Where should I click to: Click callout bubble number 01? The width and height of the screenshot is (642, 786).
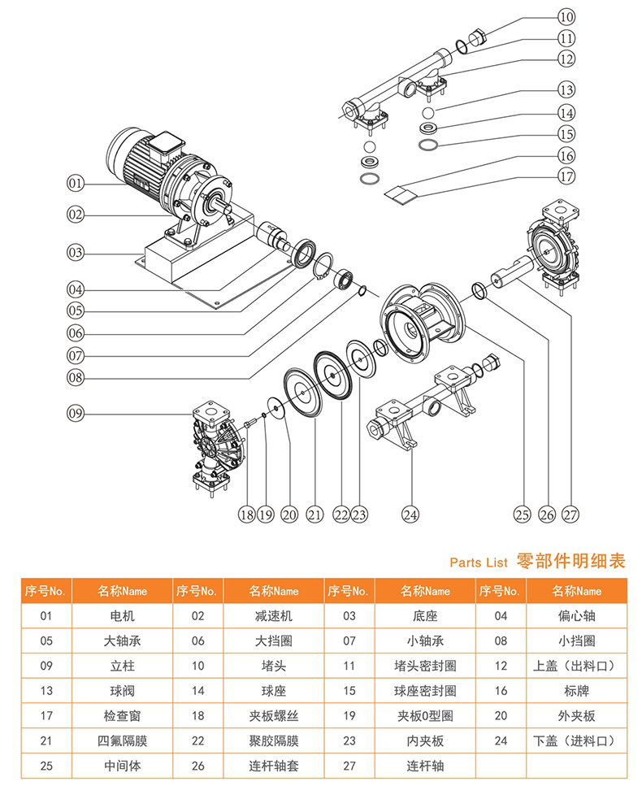(75, 185)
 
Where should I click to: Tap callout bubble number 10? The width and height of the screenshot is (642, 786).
(566, 16)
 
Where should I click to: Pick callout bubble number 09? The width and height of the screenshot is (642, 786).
(75, 414)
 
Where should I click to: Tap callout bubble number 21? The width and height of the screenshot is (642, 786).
(314, 514)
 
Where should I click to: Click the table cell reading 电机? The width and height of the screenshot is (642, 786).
(123, 615)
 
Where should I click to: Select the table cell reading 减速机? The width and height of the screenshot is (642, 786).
(274, 615)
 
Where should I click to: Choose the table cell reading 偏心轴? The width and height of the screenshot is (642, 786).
(577, 615)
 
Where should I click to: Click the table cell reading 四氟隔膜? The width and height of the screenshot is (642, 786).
(123, 740)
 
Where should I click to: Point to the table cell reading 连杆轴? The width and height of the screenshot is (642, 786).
(425, 766)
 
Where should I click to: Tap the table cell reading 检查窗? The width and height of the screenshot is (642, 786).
(123, 715)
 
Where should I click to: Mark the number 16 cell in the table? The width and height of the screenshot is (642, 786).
(501, 690)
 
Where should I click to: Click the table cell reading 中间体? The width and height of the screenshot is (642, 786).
(123, 766)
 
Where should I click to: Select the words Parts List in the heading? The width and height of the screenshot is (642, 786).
(479, 562)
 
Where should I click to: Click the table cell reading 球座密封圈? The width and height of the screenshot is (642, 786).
(425, 690)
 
